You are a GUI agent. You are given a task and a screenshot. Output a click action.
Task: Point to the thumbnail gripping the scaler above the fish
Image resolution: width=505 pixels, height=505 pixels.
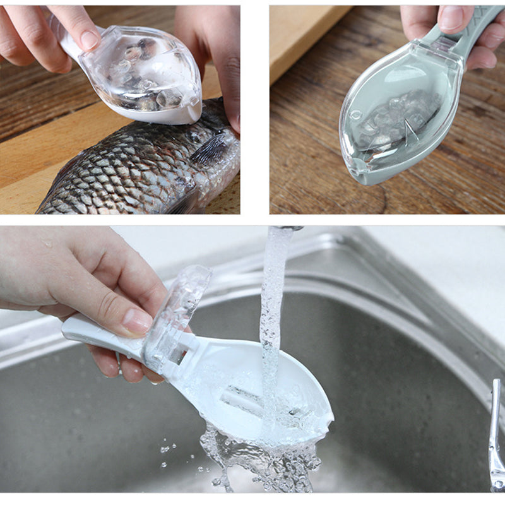(89, 39)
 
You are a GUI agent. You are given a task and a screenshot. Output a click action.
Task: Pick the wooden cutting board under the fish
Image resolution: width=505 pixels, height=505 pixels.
(25, 189)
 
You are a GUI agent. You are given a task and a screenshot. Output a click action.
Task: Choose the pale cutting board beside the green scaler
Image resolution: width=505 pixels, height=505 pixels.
(303, 38)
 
